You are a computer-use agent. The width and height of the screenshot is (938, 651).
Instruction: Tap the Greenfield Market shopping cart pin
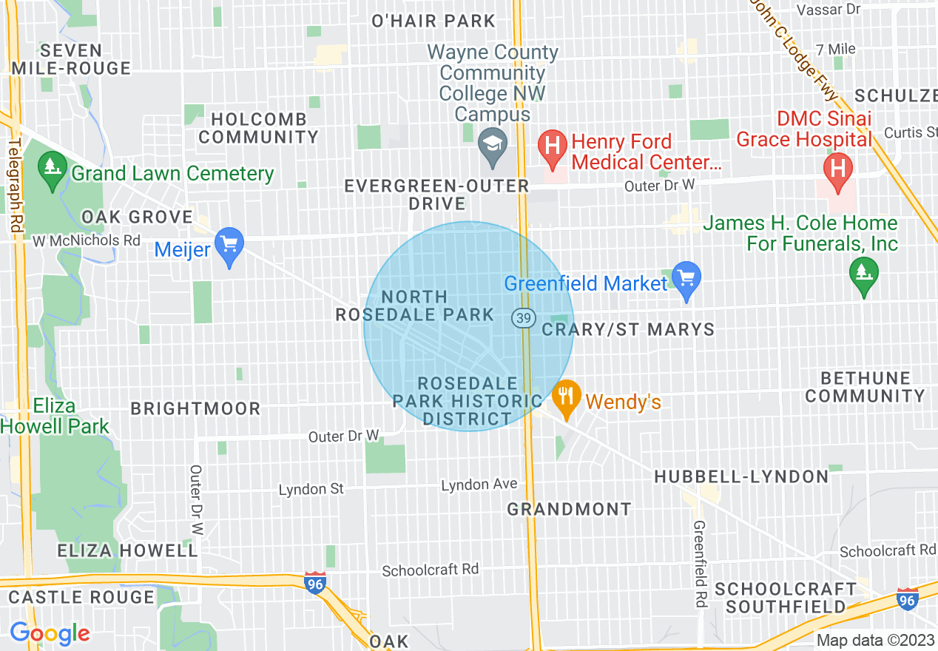[x=687, y=278]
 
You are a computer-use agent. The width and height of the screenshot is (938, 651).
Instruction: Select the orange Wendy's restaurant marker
[x=567, y=397]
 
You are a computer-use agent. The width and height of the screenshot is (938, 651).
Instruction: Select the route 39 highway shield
[x=523, y=317]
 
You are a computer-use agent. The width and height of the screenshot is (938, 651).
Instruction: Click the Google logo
[x=50, y=633]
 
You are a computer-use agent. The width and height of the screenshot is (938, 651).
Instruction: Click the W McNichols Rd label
[x=87, y=240]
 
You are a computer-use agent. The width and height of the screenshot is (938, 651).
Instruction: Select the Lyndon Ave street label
[x=479, y=485]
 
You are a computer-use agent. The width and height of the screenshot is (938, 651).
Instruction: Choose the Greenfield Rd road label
[x=699, y=562]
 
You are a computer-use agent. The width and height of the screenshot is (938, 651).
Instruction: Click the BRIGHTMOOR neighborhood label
[x=195, y=408]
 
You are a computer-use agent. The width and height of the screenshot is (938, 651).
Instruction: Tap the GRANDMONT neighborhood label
[x=569, y=509]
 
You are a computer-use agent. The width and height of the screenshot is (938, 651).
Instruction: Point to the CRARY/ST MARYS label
[x=628, y=329]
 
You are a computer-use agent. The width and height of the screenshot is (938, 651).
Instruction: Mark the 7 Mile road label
[x=836, y=49]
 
